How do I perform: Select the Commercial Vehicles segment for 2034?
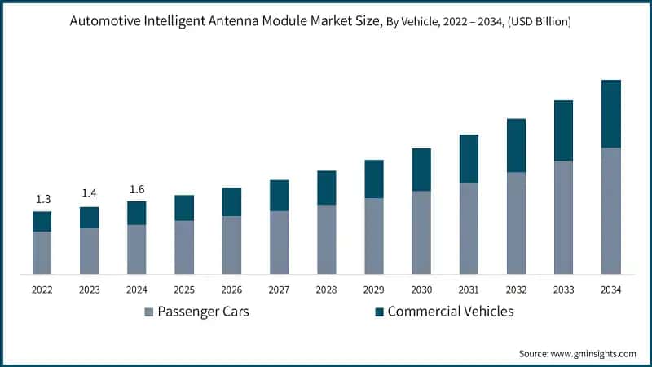click(x=610, y=114)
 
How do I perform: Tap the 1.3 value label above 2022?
click(x=42, y=199)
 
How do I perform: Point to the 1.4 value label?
click(x=89, y=193)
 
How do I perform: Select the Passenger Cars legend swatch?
click(x=148, y=312)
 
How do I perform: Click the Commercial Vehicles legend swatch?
click(x=378, y=312)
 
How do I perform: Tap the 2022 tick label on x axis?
click(x=42, y=289)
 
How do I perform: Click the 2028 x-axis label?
click(x=326, y=289)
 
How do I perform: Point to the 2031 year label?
click(x=469, y=289)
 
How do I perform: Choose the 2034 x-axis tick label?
click(x=610, y=289)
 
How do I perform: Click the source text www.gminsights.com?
click(x=577, y=353)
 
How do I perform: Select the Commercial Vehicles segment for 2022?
click(x=42, y=221)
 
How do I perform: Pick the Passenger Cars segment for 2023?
click(x=89, y=251)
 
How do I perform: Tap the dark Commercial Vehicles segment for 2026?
click(x=231, y=201)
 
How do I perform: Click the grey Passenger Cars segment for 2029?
click(x=373, y=236)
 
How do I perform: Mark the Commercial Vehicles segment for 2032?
click(x=516, y=145)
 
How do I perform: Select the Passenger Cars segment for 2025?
click(x=184, y=247)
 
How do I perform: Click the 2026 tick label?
click(x=231, y=289)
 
